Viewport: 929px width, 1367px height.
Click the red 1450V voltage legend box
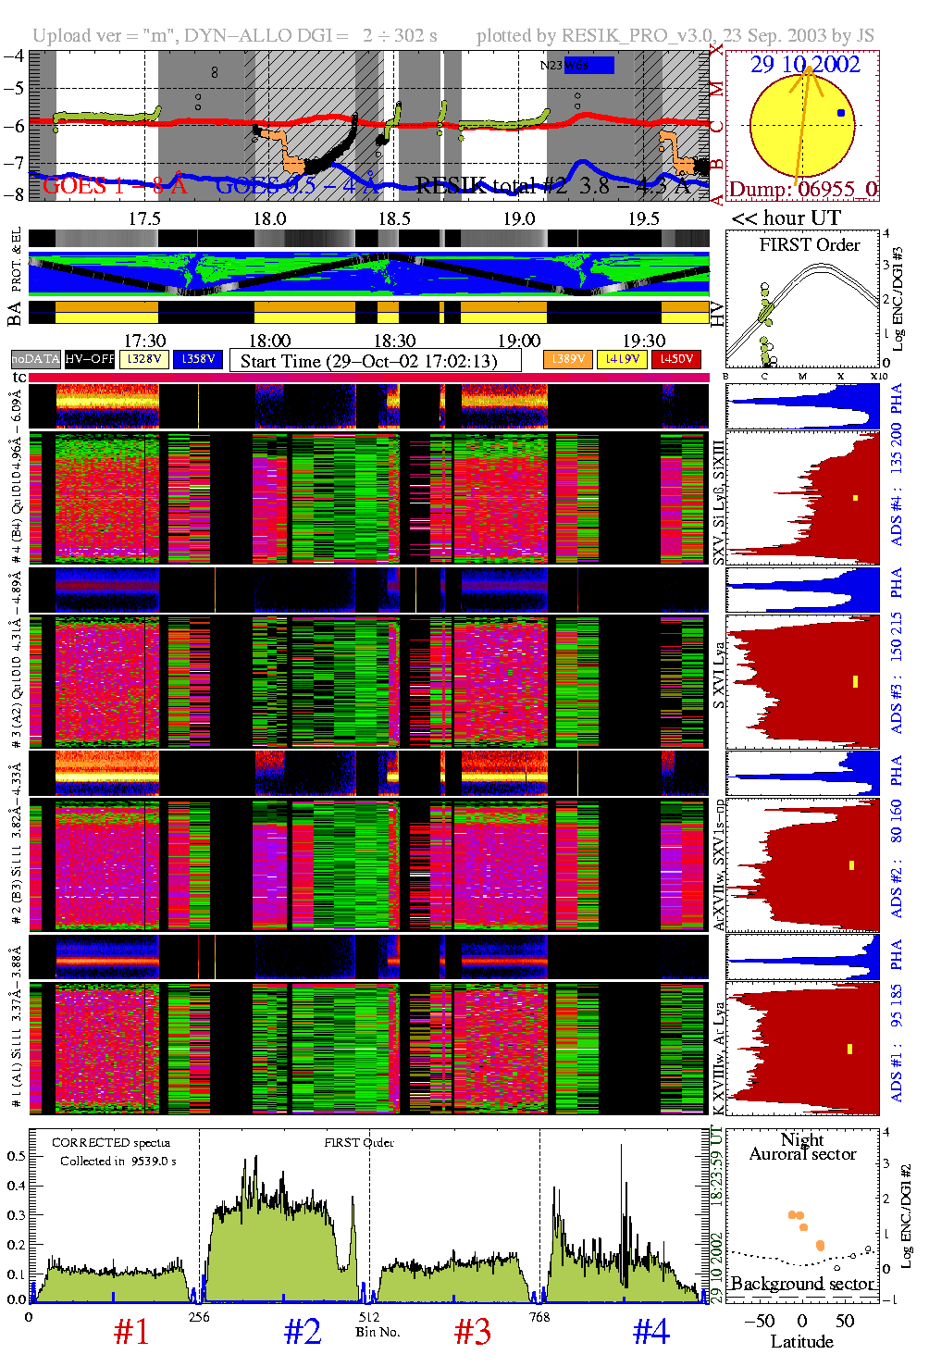[676, 359]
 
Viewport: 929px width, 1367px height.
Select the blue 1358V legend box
[198, 359]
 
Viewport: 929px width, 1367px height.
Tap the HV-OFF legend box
[90, 359]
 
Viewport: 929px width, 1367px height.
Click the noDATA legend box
[36, 359]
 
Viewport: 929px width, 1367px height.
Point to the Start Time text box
[375, 361]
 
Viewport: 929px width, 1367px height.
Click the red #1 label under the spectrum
[131, 1332]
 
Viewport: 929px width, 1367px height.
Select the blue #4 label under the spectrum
[650, 1332]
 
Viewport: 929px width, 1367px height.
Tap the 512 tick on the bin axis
[369, 1317]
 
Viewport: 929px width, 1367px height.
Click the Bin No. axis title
[378, 1332]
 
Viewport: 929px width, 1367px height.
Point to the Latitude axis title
[801, 1342]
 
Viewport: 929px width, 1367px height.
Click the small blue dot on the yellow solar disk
[840, 113]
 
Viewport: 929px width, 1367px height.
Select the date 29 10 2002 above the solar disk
[805, 65]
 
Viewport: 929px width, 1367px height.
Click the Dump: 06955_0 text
[802, 190]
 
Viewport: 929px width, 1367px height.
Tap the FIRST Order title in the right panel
[810, 245]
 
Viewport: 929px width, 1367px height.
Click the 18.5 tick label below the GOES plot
[394, 218]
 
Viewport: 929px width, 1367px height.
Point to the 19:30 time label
[643, 341]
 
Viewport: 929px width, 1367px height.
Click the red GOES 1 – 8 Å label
[115, 186]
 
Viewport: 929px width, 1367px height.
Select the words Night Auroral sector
[802, 1147]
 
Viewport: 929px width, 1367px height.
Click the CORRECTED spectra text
[111, 1143]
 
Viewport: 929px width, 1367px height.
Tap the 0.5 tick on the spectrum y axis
[16, 1156]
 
